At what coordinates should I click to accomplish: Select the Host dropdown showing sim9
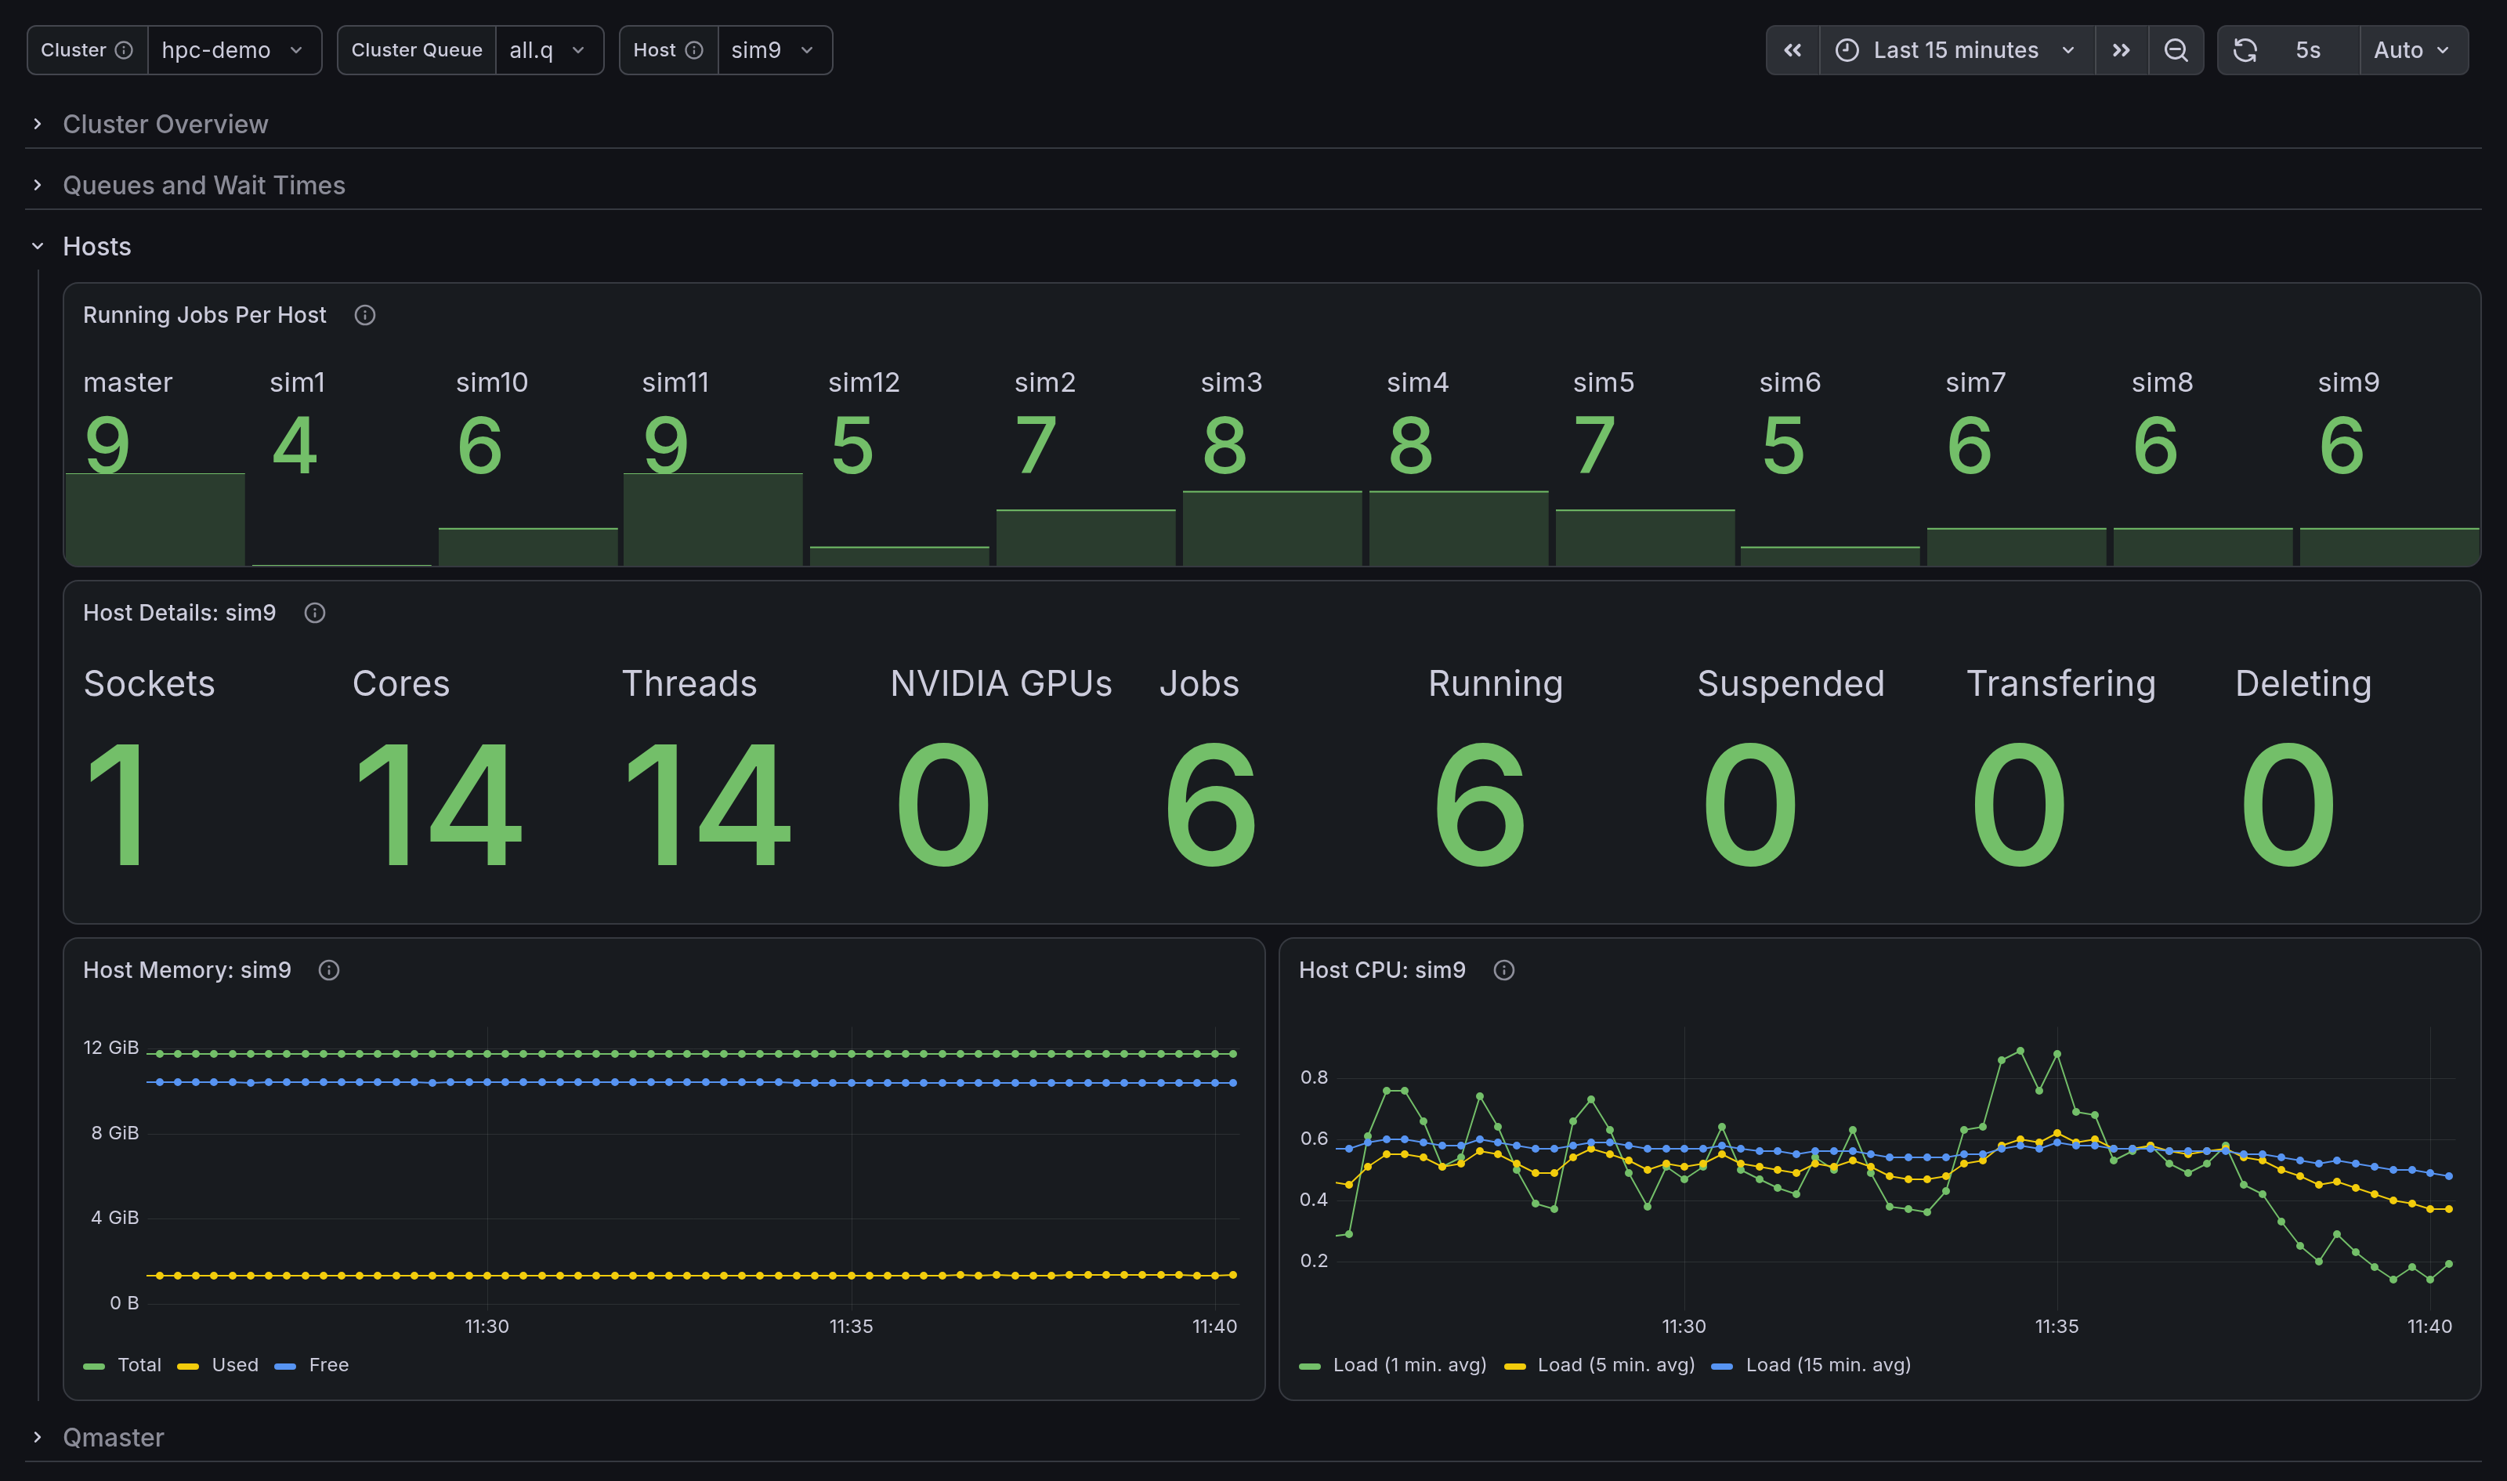(774, 50)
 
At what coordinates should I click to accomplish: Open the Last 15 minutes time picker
(1956, 50)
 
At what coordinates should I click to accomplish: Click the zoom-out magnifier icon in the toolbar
(2176, 50)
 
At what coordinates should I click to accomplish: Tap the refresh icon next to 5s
(2245, 50)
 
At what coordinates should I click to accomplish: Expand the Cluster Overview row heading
(165, 124)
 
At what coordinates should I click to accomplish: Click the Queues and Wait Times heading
(204, 185)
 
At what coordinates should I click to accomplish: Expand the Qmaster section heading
(113, 1437)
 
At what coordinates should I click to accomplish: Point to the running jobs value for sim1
(295, 445)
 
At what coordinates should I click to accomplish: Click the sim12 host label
(864, 382)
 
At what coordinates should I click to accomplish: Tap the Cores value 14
(438, 806)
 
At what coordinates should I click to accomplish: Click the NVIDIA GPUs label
(1000, 683)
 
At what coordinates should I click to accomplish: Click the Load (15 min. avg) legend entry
(1811, 1364)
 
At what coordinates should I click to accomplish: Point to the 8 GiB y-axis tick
(114, 1133)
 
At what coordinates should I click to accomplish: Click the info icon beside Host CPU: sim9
(1503, 970)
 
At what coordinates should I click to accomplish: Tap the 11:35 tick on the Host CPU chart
(2056, 1327)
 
